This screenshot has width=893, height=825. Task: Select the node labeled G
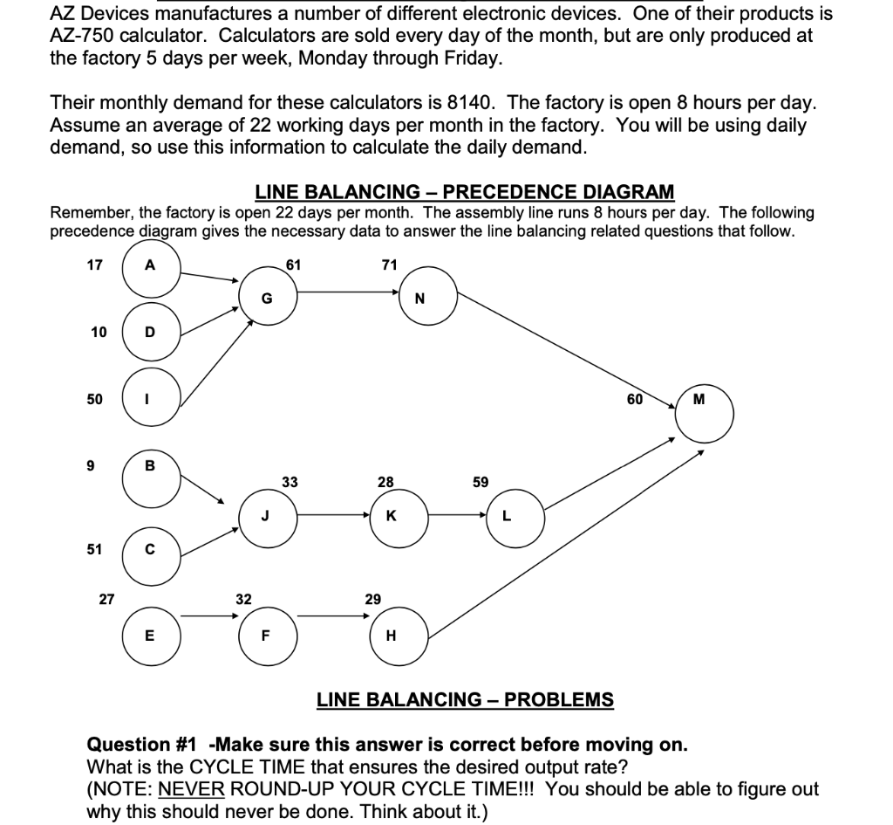(x=268, y=299)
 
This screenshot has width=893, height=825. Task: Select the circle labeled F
(x=268, y=635)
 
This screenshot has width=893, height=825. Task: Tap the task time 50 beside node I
(x=94, y=399)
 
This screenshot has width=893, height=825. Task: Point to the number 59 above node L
(x=481, y=481)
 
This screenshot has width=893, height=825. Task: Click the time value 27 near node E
(x=106, y=599)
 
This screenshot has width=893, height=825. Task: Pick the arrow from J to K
(x=333, y=514)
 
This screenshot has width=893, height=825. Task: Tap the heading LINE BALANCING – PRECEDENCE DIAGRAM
(x=464, y=191)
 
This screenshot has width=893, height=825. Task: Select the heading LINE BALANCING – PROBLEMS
(x=464, y=699)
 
